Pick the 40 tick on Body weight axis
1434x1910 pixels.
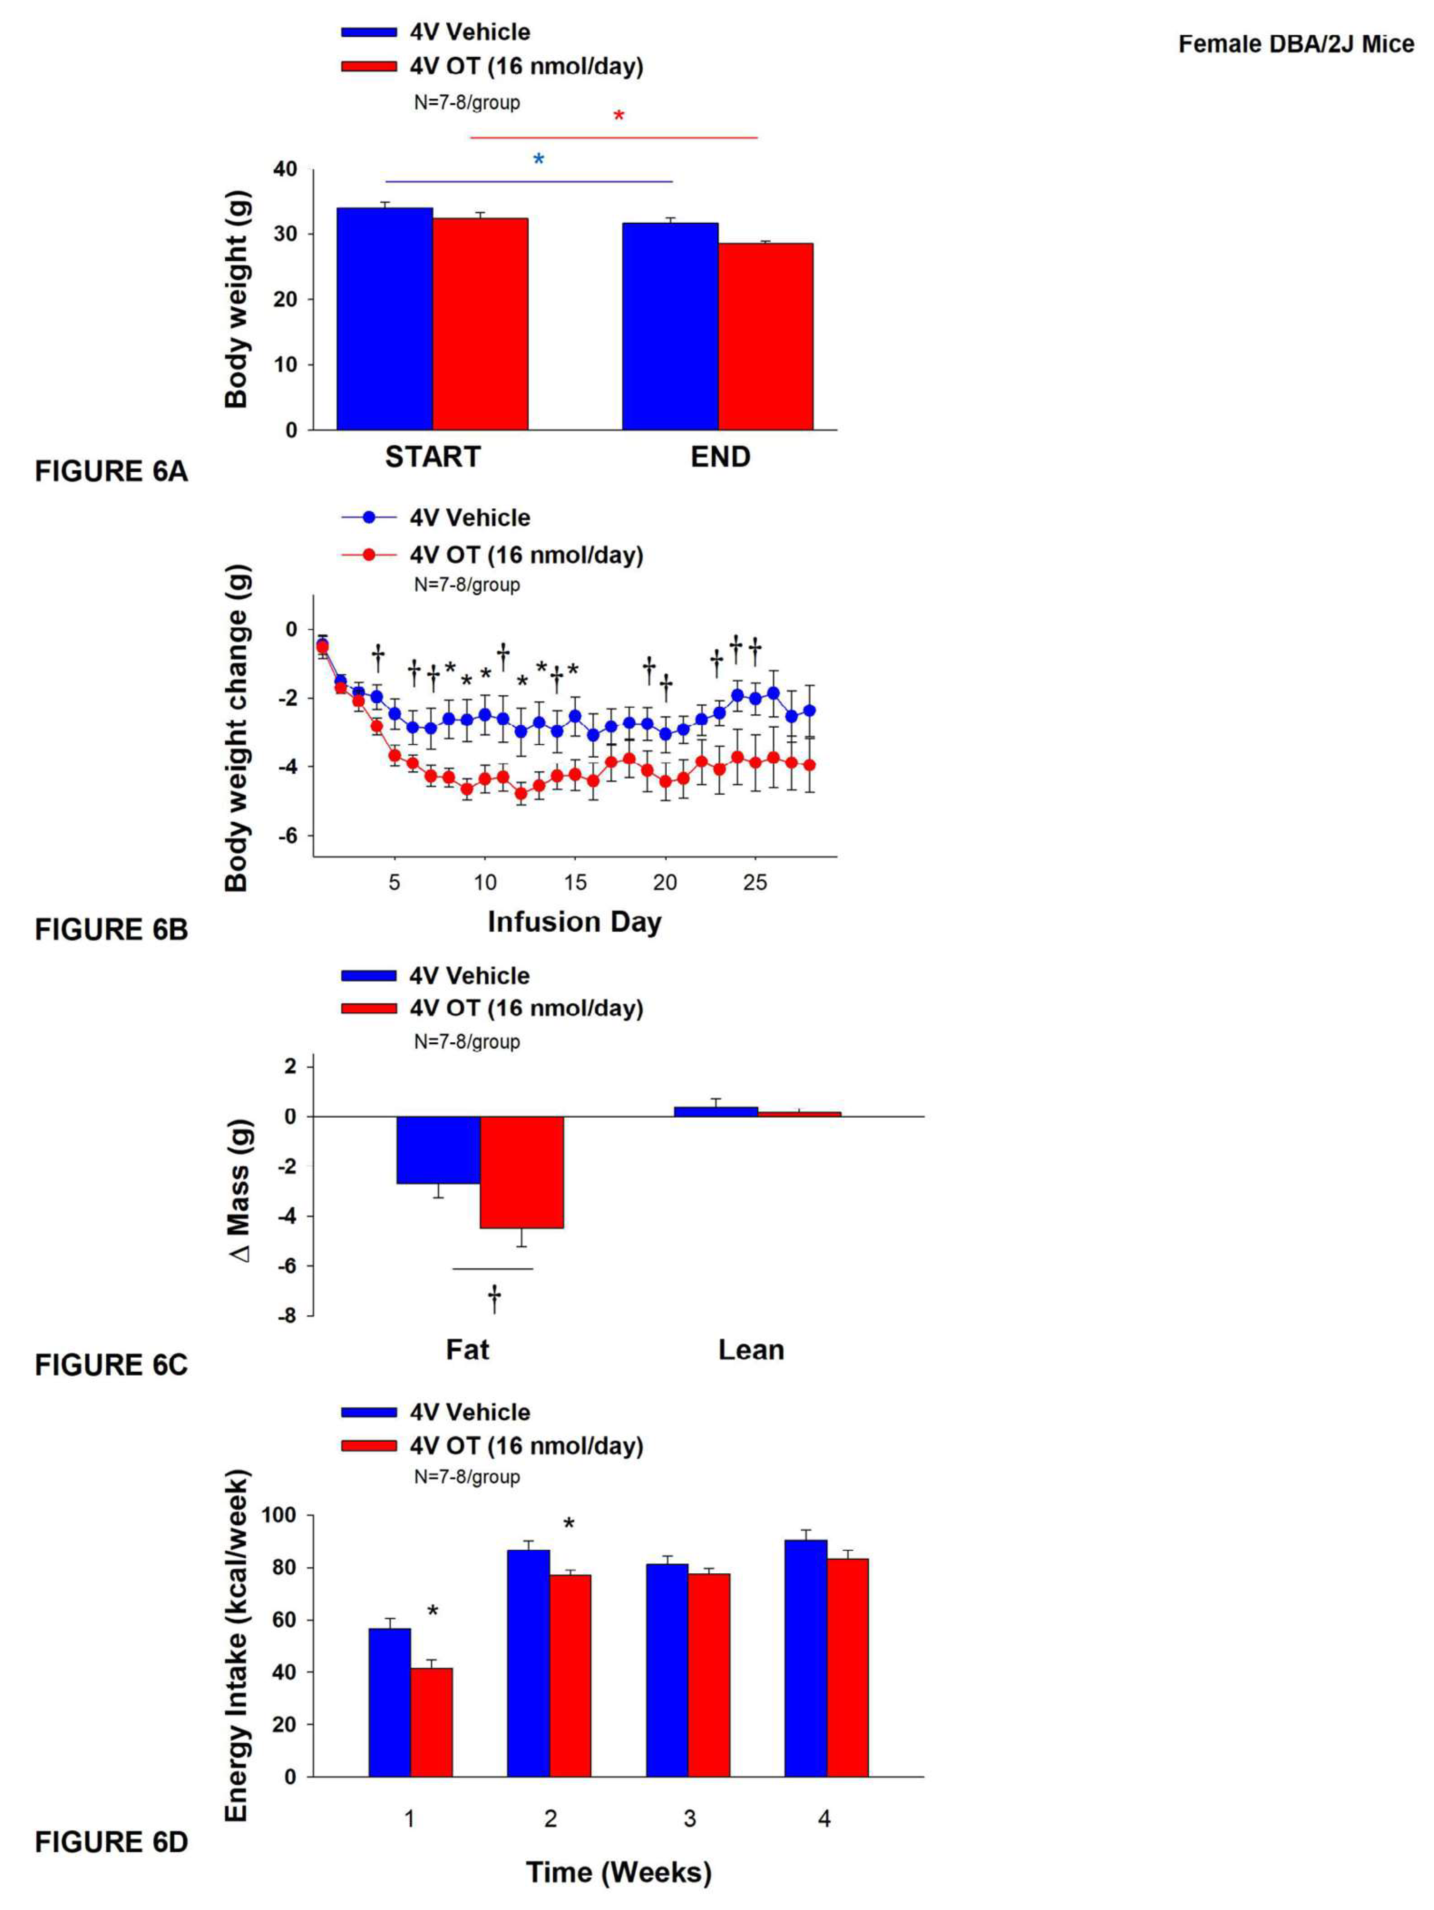click(285, 169)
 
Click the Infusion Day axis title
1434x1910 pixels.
click(574, 922)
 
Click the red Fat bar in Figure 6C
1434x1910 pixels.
click(521, 1172)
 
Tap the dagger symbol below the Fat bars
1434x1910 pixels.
click(494, 1298)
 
